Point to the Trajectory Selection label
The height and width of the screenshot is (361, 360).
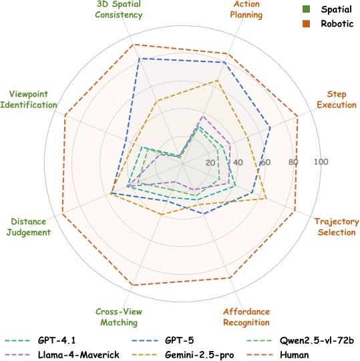(x=337, y=227)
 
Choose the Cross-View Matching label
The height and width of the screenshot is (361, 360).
(x=116, y=317)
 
